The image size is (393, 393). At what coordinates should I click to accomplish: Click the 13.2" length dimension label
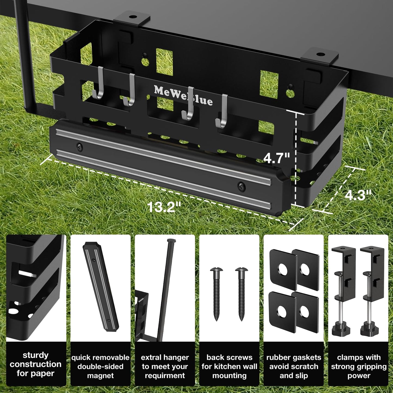tap(164, 207)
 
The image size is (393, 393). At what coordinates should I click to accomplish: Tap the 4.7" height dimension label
tap(276, 158)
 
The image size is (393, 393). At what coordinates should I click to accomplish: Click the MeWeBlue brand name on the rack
tap(183, 95)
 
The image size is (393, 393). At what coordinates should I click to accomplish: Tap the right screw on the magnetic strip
tap(241, 186)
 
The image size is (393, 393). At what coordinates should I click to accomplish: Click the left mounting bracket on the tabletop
tap(132, 18)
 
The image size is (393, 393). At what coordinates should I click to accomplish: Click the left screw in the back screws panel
tap(216, 294)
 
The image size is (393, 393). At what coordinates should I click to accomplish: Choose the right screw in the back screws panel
tap(242, 294)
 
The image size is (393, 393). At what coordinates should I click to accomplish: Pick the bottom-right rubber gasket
tap(305, 312)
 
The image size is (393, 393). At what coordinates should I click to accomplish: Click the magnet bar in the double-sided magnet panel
tap(100, 286)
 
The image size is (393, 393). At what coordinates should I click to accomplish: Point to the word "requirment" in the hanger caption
tap(165, 376)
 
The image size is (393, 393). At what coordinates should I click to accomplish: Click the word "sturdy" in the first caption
tap(36, 355)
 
